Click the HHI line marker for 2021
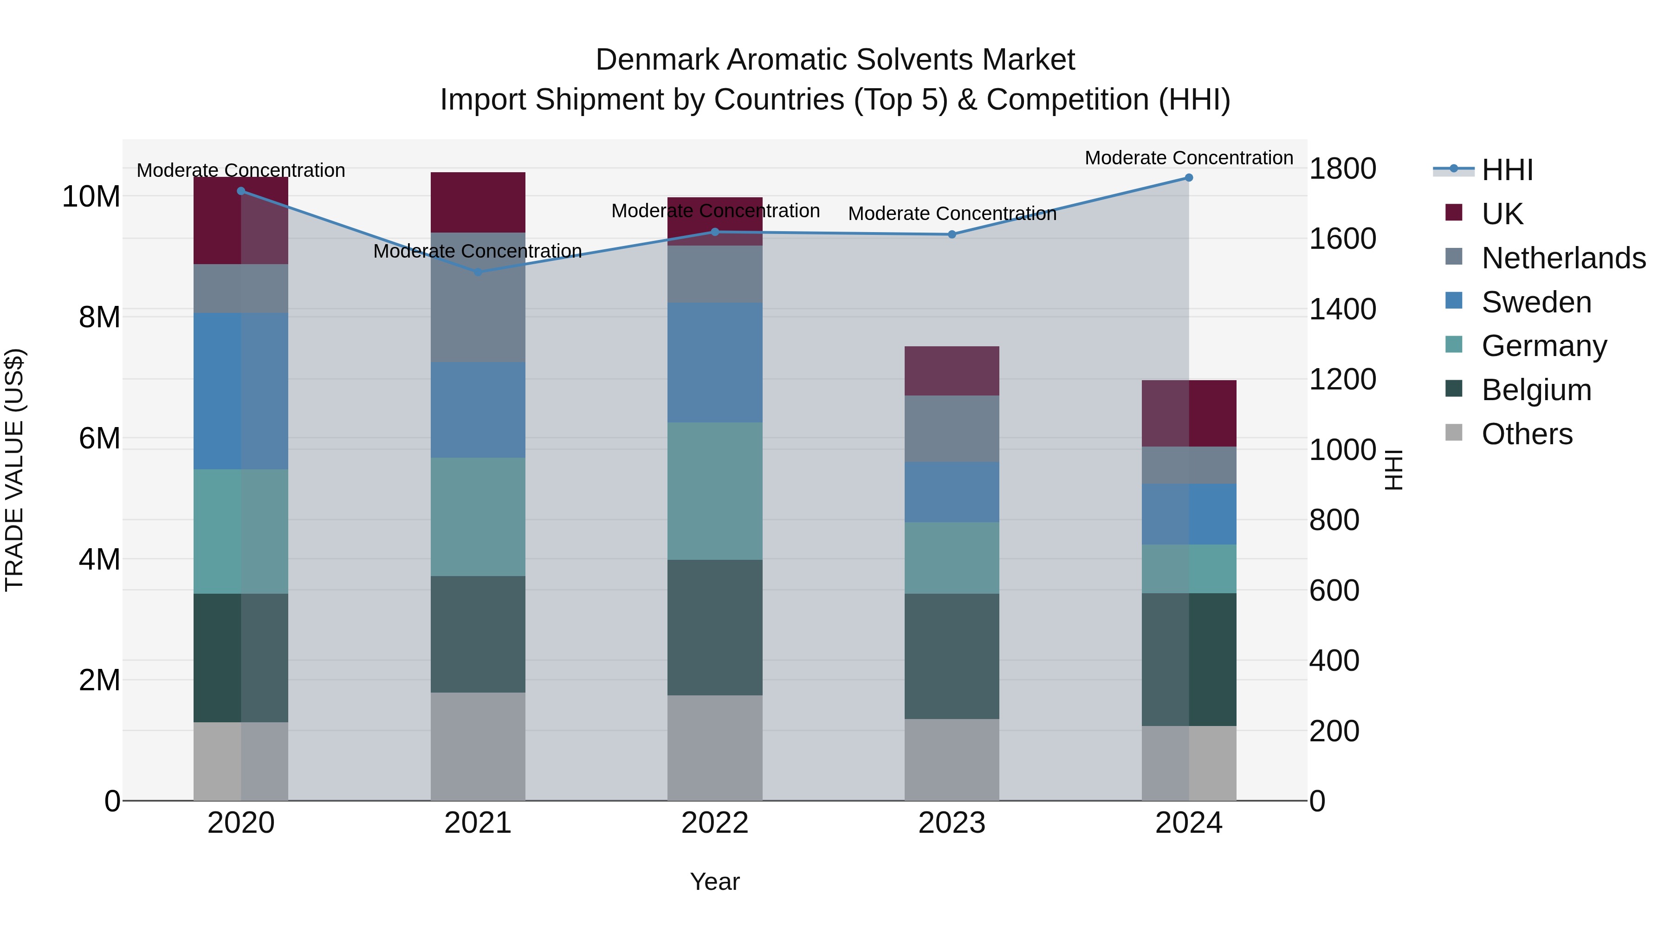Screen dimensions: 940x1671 pyautogui.click(x=478, y=272)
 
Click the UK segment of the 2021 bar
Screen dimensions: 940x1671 pyautogui.click(x=478, y=202)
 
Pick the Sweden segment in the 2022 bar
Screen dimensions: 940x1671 pyautogui.click(x=715, y=363)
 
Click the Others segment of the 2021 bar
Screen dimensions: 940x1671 pyautogui.click(x=478, y=746)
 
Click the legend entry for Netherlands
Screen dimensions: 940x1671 pyautogui.click(x=1563, y=258)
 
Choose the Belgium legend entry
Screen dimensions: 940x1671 pyautogui.click(x=1536, y=390)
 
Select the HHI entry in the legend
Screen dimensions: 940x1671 pyautogui.click(x=1507, y=170)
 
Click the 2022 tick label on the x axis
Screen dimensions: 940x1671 pyautogui.click(x=715, y=823)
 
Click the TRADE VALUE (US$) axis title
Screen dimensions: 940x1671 pyautogui.click(x=14, y=470)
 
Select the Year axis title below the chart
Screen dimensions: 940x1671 pyautogui.click(x=715, y=882)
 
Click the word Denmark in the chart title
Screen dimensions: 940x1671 pyautogui.click(x=657, y=60)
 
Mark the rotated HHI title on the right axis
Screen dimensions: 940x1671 pyautogui.click(x=1393, y=470)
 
